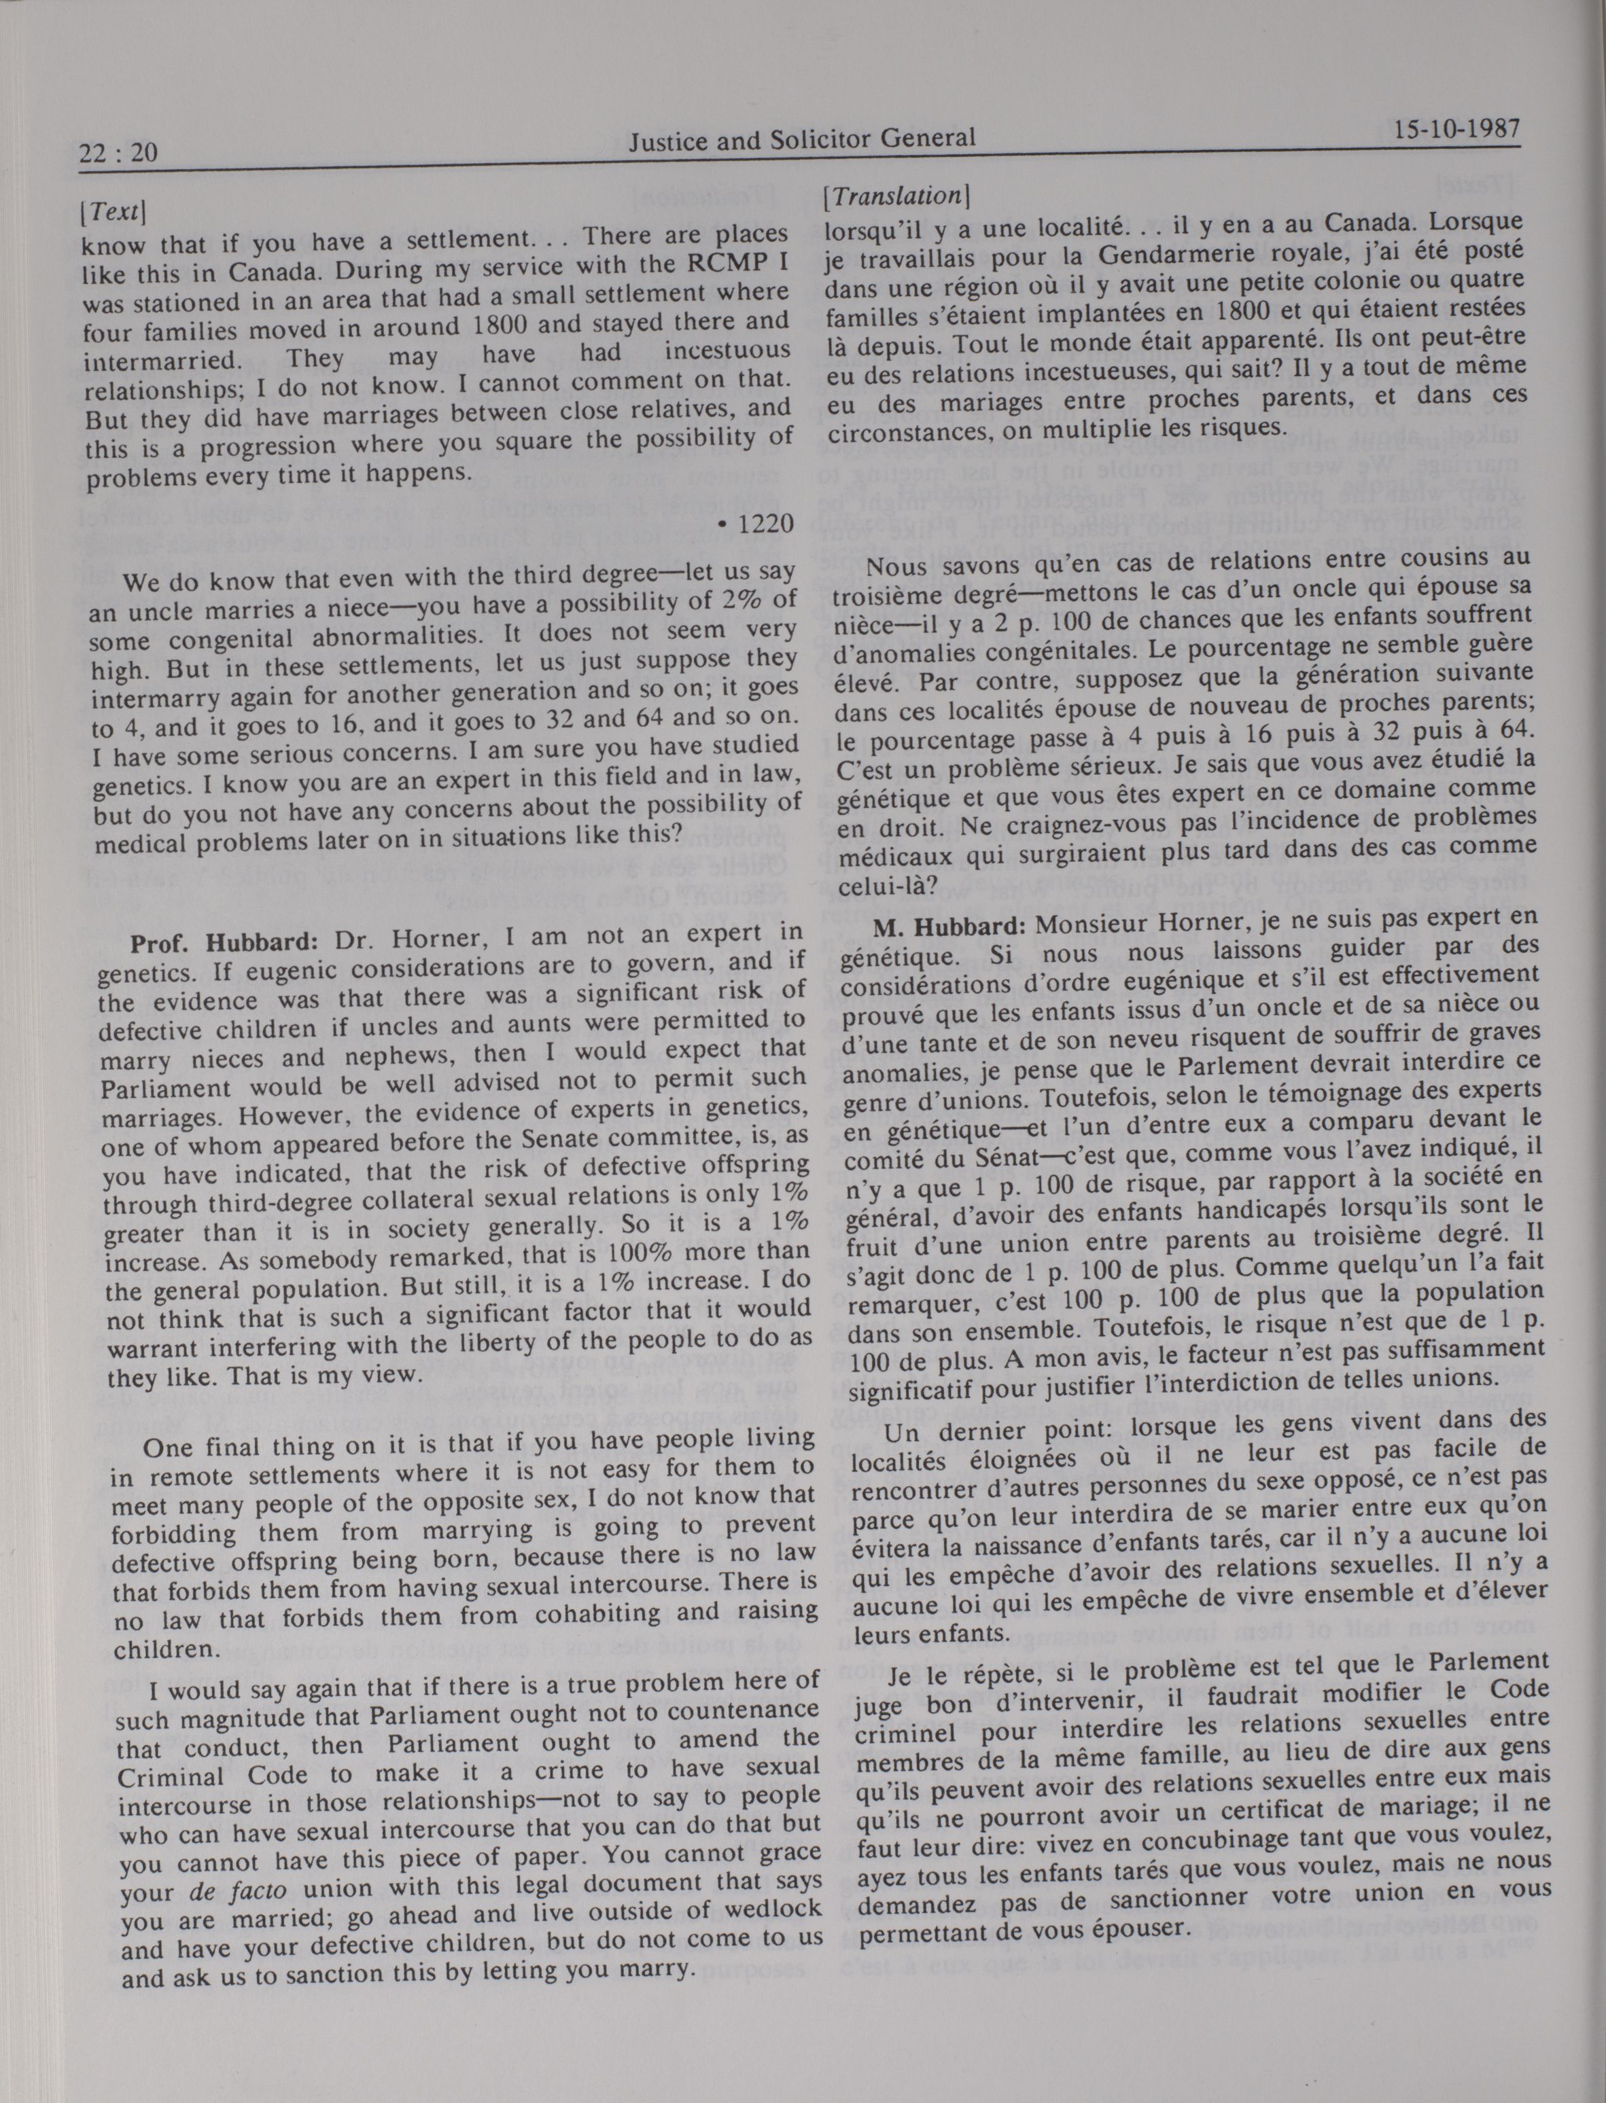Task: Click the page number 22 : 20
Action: pos(118,152)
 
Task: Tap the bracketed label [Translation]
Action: pos(896,196)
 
